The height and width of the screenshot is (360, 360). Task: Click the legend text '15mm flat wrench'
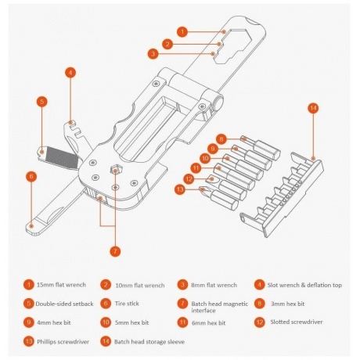pos(61,285)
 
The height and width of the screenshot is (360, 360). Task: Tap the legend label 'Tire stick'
pos(127,304)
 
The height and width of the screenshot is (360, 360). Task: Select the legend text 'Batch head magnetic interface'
pos(220,307)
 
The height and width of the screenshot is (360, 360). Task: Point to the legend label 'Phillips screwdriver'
pos(63,342)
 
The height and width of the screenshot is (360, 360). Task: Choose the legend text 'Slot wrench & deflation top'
pos(304,285)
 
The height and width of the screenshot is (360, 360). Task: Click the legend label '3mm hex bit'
pos(287,304)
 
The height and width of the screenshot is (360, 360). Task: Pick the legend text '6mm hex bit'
pos(208,323)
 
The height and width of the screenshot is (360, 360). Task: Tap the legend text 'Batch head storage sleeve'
pos(149,342)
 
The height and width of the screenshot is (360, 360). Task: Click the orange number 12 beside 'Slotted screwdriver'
pos(260,322)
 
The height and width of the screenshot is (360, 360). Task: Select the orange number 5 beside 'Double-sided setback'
pos(29,304)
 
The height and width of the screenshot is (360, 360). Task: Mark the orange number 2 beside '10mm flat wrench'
pos(106,285)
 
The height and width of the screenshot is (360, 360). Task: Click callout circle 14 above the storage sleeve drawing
pos(313,108)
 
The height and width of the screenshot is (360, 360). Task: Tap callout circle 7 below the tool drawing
pos(115,251)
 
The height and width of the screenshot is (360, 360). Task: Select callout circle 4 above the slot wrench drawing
pos(70,73)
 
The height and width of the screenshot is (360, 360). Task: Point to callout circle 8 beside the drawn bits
pos(221,139)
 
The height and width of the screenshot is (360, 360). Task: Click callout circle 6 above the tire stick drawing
pos(31,176)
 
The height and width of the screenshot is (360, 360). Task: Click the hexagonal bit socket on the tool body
pos(115,170)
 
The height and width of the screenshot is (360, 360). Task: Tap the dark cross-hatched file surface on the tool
pos(63,157)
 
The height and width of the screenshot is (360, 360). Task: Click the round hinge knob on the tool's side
pos(218,103)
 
